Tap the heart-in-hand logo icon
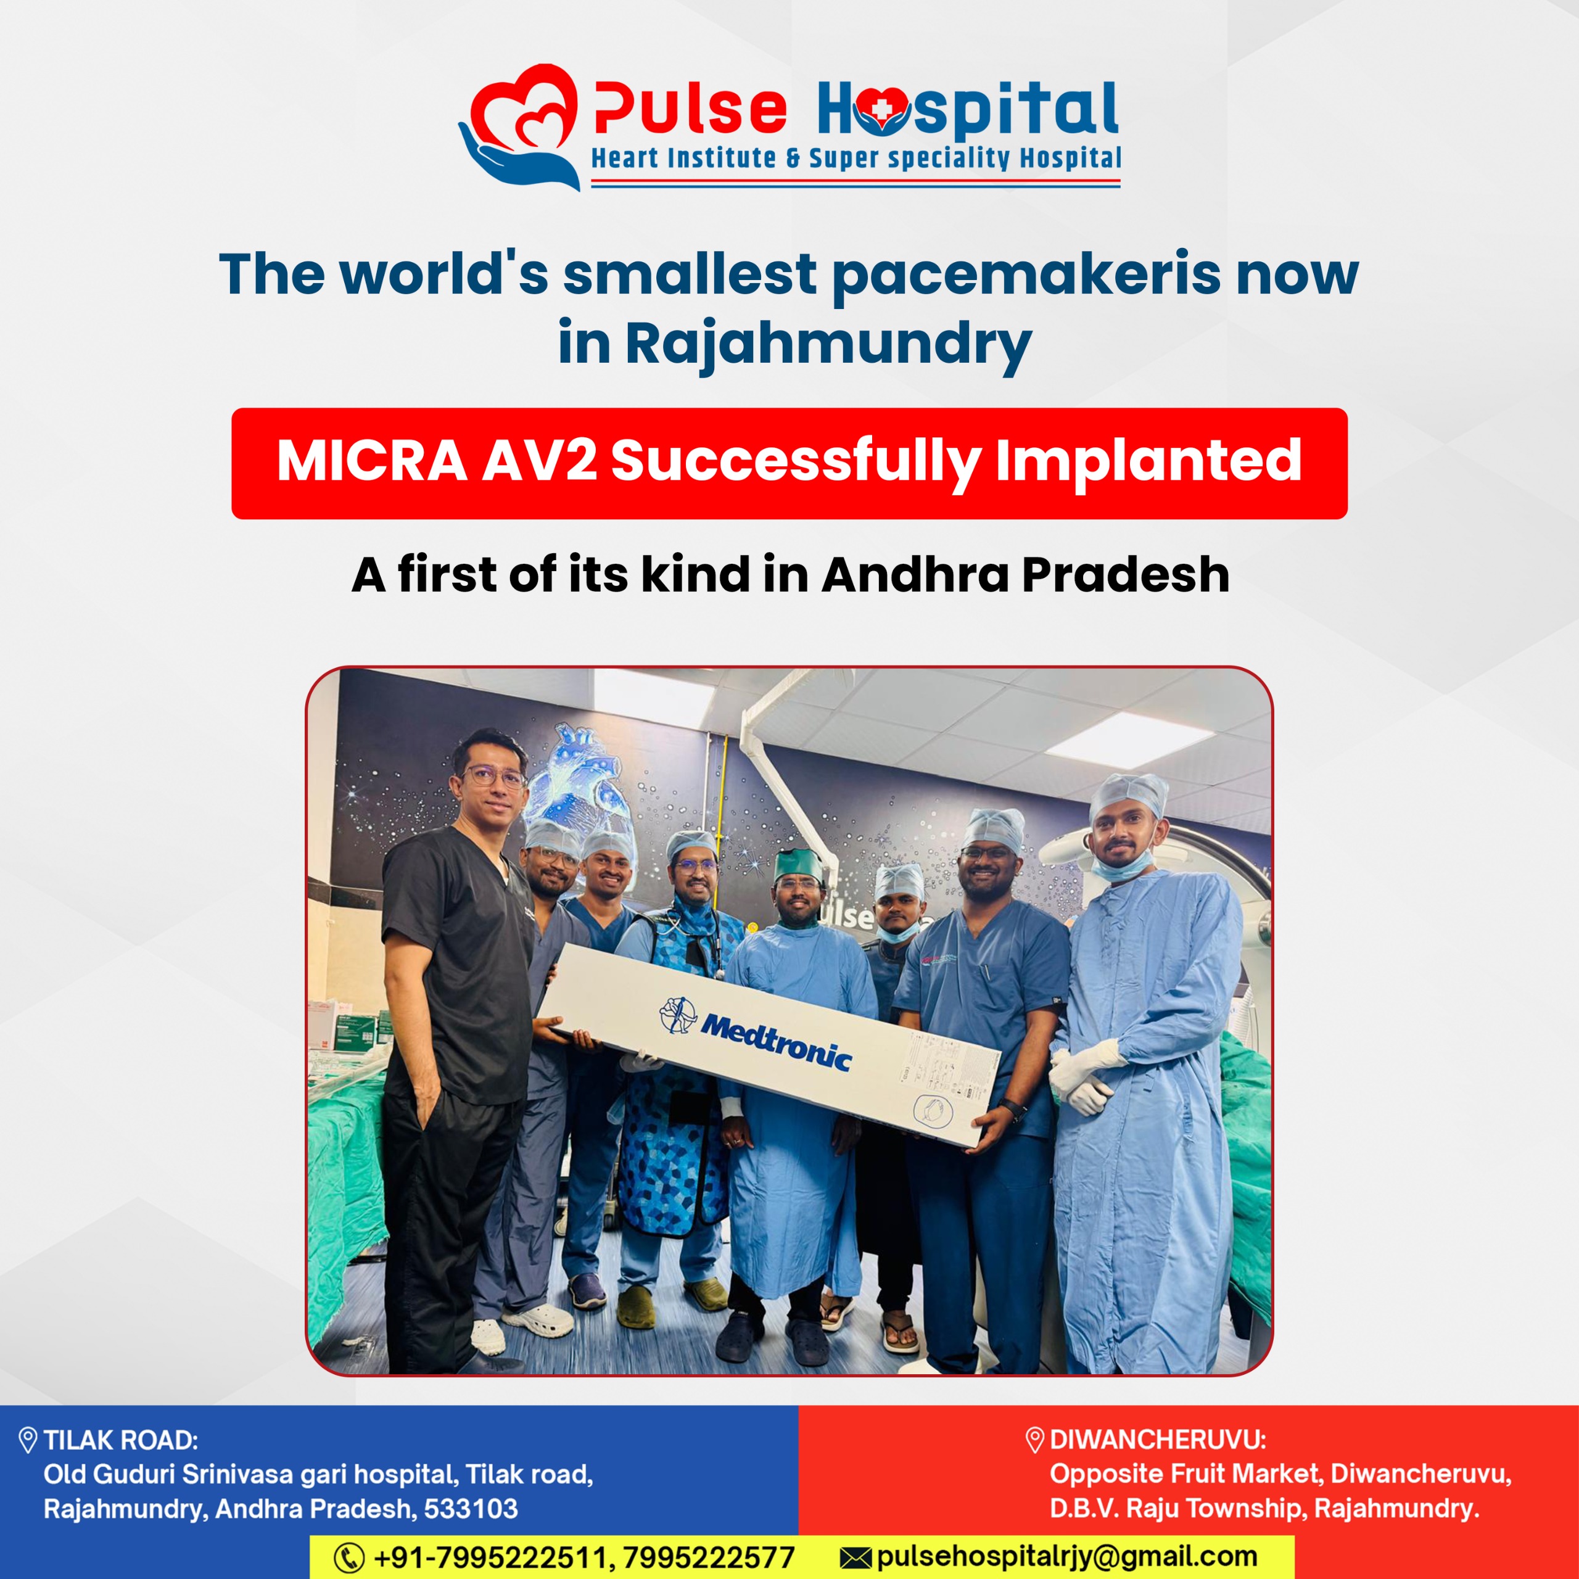[x=519, y=126]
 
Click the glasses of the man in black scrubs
[x=493, y=775]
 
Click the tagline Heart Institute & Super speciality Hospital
[x=855, y=158]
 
